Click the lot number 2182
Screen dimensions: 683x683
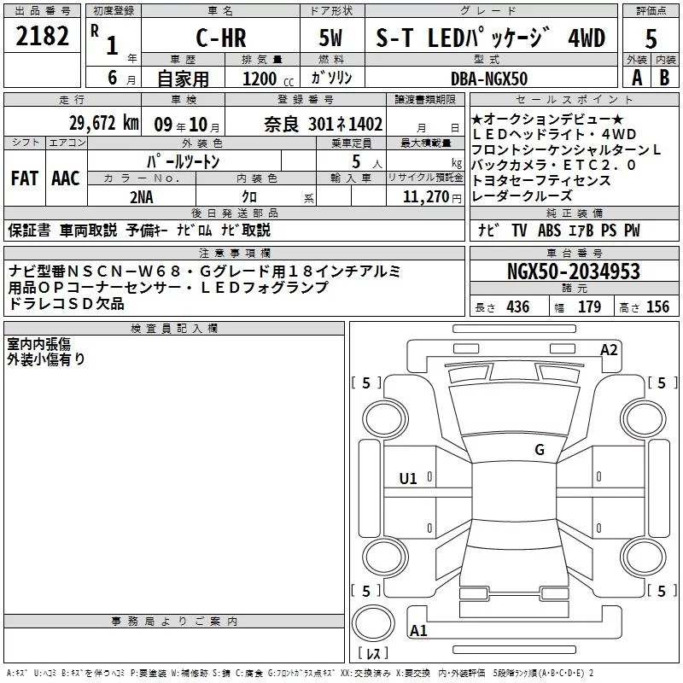(42, 36)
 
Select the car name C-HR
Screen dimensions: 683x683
(221, 38)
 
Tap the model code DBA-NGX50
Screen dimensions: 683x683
(489, 79)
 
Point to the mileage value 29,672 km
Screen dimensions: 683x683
(103, 123)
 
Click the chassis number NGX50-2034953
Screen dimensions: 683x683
(574, 271)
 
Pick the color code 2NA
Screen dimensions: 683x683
(142, 197)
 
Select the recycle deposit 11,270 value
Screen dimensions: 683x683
(425, 197)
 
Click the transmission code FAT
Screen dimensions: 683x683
(25, 178)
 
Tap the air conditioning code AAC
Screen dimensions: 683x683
(66, 178)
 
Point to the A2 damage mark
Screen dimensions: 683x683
(609, 350)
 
